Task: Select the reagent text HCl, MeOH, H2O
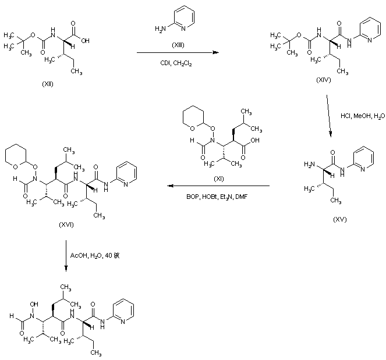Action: (x=362, y=116)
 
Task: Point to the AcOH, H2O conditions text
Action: (x=95, y=255)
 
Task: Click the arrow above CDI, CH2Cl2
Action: (x=174, y=53)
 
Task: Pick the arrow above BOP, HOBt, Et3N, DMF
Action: (x=219, y=186)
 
